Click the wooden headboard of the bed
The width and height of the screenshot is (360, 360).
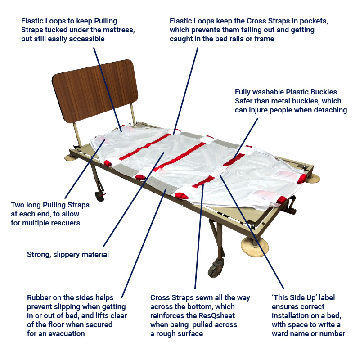point(95,90)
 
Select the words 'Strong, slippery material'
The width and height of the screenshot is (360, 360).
point(68,254)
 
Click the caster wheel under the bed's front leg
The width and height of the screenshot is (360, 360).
point(215,268)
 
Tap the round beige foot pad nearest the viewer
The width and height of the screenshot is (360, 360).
point(255,247)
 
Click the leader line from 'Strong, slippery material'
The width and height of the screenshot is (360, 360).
point(134,199)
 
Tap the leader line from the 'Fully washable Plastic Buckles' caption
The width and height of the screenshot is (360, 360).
point(246,139)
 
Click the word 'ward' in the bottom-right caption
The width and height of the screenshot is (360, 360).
point(280,333)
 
